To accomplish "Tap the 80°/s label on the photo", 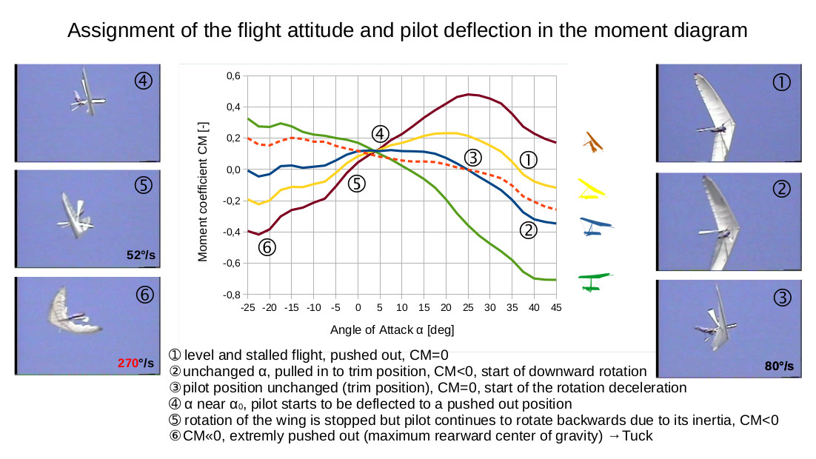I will [x=778, y=366].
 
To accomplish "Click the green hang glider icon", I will [x=596, y=281].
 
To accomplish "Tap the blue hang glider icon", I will [x=597, y=226].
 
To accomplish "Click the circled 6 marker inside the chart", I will [x=267, y=248].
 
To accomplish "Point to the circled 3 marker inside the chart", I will [x=472, y=156].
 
